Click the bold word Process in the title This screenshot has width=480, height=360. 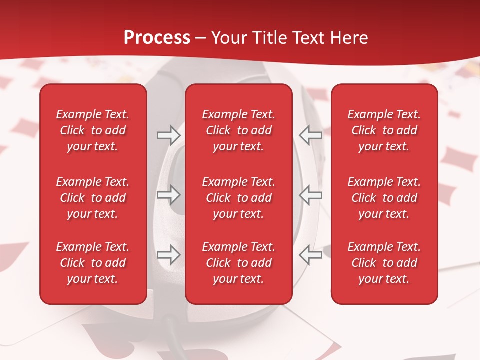point(157,38)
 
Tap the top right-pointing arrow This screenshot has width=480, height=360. point(168,135)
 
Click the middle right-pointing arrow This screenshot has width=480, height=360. point(168,195)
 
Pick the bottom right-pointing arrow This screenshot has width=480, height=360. point(168,255)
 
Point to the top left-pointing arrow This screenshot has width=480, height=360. point(311,135)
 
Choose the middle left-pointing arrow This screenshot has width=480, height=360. point(311,195)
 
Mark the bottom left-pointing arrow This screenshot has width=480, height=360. point(311,255)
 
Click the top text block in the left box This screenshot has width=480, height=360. point(93,130)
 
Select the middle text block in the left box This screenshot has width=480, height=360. point(93,198)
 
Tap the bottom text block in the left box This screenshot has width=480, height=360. point(93,263)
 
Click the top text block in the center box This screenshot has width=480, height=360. point(239,130)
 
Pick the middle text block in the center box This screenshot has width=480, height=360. point(239,198)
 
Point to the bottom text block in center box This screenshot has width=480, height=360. point(239,263)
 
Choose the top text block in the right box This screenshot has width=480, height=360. point(384,130)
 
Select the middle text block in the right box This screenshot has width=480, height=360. point(384,198)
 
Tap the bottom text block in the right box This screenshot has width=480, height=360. point(384,263)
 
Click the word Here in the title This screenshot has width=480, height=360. point(351,38)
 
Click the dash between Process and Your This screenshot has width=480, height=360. point(201,38)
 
